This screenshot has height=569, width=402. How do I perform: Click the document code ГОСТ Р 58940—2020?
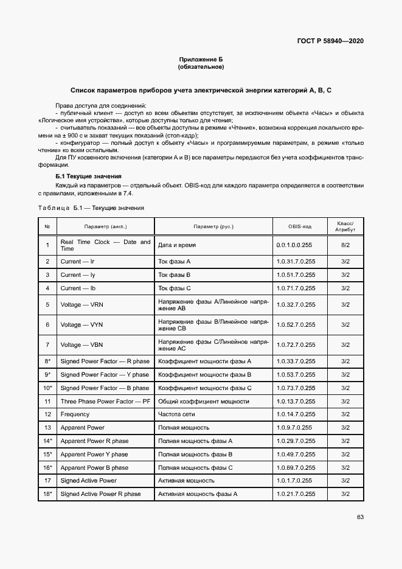(x=331, y=41)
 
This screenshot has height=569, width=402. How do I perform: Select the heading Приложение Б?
(x=201, y=59)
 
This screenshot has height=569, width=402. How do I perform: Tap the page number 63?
(x=360, y=517)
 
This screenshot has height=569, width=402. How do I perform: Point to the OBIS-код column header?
(x=299, y=226)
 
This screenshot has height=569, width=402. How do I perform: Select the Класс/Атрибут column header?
(x=345, y=226)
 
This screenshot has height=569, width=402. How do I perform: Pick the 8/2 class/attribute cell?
(x=345, y=245)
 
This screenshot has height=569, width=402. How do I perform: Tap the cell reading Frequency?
(x=75, y=414)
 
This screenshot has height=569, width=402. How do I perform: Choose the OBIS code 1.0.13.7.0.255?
(x=296, y=401)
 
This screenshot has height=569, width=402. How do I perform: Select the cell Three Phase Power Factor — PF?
(x=105, y=401)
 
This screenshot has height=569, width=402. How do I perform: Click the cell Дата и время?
(x=176, y=245)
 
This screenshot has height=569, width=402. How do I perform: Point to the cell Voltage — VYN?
(x=81, y=325)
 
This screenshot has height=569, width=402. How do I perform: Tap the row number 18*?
(x=47, y=494)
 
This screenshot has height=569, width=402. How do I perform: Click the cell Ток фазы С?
(x=175, y=288)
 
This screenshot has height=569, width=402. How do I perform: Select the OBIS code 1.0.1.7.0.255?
(x=294, y=480)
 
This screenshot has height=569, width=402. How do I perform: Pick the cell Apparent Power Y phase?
(x=94, y=454)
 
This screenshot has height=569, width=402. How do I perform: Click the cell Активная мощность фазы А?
(x=197, y=494)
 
